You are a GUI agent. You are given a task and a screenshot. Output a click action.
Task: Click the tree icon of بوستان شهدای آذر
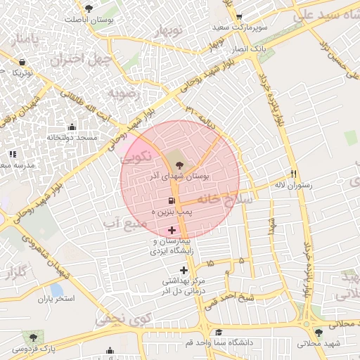[x=179, y=165]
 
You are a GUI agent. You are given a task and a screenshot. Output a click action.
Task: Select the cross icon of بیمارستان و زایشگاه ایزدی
[x=172, y=230]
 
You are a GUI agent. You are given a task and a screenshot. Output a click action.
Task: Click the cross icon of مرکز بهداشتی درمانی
[x=184, y=270]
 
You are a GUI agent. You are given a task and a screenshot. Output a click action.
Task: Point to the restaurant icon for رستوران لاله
[x=294, y=174]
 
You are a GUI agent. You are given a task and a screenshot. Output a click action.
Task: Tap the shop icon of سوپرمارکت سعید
[x=240, y=18]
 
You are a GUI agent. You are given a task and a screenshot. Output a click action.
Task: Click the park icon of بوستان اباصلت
[x=88, y=8]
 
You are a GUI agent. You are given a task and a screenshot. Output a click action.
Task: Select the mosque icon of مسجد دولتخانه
[x=71, y=127]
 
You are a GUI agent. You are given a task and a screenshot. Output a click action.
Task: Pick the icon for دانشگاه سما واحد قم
[x=219, y=333]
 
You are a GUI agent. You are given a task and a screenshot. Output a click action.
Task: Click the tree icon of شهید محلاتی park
[x=319, y=333]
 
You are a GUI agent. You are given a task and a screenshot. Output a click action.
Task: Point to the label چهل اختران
[x=78, y=58]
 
